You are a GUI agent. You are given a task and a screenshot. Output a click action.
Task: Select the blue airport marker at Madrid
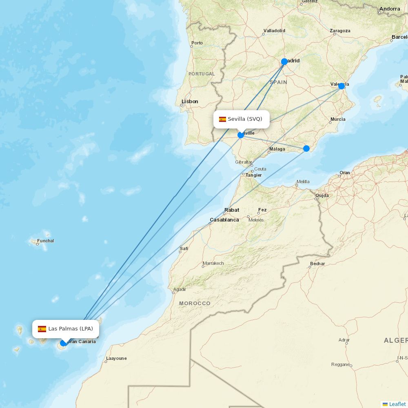pos(284,62)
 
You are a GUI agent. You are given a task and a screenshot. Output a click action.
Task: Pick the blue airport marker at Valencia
pos(341,86)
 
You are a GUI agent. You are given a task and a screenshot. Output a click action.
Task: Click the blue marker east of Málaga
pos(306,148)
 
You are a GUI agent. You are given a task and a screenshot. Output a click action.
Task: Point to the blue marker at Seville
pos(241,135)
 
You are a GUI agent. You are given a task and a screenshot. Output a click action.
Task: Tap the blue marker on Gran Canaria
pos(63,343)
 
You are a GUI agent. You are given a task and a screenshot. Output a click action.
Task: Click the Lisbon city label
pos(190,102)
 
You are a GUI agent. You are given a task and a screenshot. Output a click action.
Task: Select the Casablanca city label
pos(224,220)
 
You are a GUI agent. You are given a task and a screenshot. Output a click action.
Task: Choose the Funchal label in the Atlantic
pos(45,241)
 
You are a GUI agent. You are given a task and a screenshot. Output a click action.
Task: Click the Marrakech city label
pos(213,264)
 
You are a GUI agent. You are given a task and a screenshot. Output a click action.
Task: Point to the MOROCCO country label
pos(195,304)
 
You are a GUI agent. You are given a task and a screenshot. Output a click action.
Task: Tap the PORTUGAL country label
pos(202,74)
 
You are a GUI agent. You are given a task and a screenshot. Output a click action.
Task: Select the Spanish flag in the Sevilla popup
pos(222,120)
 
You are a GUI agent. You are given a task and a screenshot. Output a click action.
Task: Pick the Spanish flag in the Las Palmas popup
pos(42,329)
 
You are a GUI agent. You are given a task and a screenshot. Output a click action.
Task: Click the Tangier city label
pos(253,175)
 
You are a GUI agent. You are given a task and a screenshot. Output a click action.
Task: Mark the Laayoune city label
pos(116,359)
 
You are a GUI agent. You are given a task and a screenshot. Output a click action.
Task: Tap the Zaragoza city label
pos(340,31)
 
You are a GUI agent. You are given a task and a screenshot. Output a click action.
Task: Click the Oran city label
pos(345,173)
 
